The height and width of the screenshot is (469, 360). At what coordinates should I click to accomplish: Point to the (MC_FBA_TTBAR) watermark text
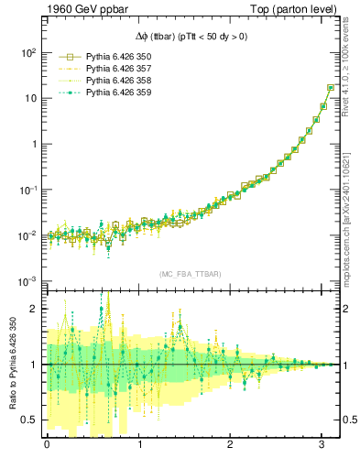191,274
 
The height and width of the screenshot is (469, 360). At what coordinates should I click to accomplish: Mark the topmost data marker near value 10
331,88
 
